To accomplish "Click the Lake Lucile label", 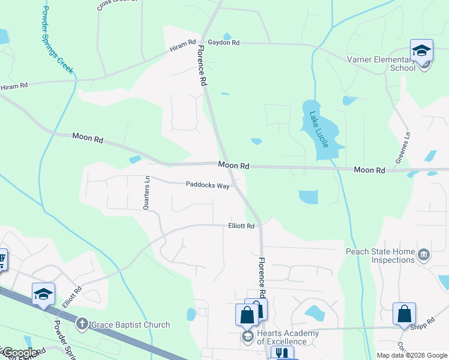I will coord(319,130).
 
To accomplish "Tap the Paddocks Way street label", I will coord(208,186).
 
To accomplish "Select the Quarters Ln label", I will coord(146,193).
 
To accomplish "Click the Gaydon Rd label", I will coord(224,43).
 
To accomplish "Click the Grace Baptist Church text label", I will coord(130,325).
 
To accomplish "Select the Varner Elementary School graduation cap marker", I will coord(421,50).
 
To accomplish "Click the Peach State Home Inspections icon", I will coord(424,256).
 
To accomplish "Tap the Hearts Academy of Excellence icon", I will coord(247,337).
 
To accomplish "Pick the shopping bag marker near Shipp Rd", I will coord(404,314).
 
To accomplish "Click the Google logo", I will coord(19,353).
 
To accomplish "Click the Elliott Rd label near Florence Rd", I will coord(241,226).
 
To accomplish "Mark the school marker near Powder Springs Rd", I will coord(43,294).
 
